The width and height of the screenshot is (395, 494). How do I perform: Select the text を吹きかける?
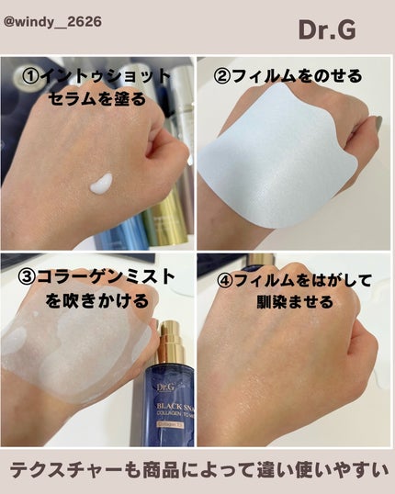coord(82,300)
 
